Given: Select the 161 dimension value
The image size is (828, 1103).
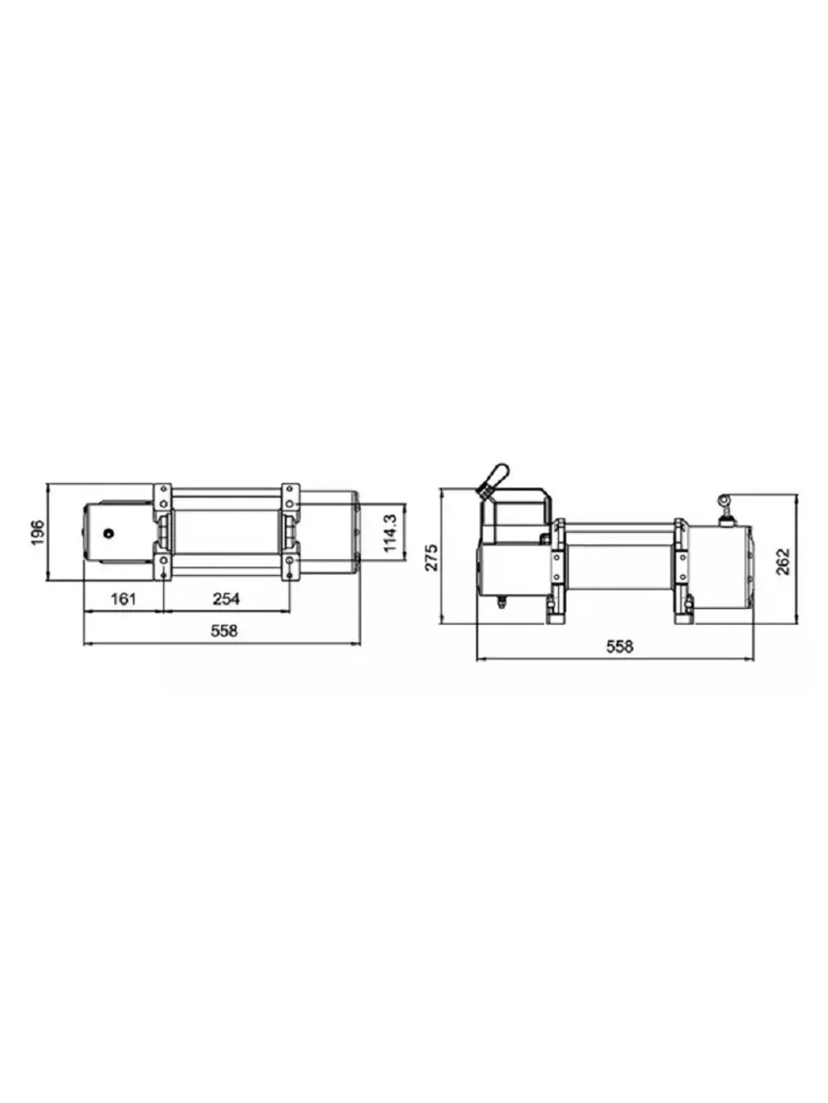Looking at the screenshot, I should click(123, 598).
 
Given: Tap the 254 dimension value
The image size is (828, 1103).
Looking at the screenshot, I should click(226, 598).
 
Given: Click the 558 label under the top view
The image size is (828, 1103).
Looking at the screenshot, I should click(224, 631).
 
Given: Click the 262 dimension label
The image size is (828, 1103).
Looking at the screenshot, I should click(783, 560).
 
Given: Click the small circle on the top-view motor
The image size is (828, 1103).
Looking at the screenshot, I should click(108, 533).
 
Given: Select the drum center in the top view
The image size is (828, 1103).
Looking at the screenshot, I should click(225, 532).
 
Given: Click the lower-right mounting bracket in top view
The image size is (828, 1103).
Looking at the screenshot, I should click(289, 566).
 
